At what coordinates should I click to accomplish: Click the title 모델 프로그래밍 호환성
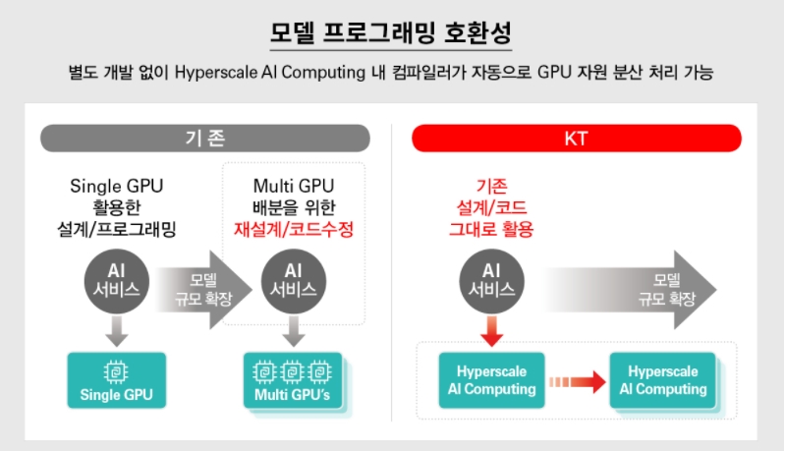(391, 31)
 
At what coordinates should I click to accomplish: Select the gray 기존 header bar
(204, 139)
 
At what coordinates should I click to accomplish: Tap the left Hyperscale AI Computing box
(491, 380)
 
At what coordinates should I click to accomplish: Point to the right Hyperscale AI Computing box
(663, 380)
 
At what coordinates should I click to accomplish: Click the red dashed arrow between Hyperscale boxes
(577, 381)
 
